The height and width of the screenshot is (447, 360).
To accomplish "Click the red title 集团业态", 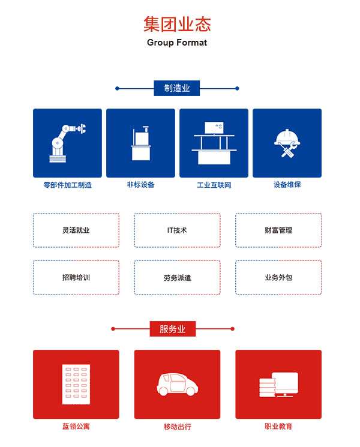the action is click(x=177, y=24).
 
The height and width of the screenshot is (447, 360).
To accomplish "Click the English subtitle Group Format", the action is click(x=177, y=43).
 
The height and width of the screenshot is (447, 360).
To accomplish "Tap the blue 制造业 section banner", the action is click(x=177, y=88).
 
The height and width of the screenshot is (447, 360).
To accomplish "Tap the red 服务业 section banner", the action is click(x=173, y=329).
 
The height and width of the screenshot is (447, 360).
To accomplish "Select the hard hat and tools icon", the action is click(x=287, y=143).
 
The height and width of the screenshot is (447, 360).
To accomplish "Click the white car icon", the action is click(x=177, y=384).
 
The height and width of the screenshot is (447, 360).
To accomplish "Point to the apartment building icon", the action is click(x=76, y=384).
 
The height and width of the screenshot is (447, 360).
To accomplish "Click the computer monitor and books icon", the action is click(x=278, y=384).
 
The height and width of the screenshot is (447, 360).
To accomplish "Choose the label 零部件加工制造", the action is click(x=68, y=185).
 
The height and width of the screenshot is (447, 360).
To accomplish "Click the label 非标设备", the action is click(x=141, y=185).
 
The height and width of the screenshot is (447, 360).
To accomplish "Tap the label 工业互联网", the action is click(x=214, y=185).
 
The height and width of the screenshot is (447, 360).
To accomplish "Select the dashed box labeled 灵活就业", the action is click(x=76, y=230).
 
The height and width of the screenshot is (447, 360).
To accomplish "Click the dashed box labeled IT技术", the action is click(x=177, y=230).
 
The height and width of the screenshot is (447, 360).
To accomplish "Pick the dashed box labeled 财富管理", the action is click(x=278, y=230).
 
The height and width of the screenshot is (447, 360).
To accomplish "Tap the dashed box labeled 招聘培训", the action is click(x=76, y=277).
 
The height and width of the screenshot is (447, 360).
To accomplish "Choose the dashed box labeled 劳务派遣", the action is click(x=177, y=277).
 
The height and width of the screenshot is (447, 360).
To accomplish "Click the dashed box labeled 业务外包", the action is click(x=278, y=277).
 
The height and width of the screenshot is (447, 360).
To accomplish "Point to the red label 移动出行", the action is click(x=177, y=427).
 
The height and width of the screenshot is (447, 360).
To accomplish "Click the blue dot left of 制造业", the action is click(x=117, y=88).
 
